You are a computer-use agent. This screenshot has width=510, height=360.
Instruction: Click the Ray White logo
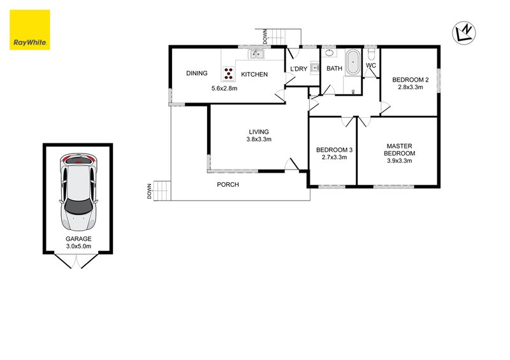coord(29,29)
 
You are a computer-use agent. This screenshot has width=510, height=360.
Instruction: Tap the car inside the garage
coord(79,192)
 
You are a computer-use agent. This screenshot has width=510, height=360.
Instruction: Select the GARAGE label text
coord(78,239)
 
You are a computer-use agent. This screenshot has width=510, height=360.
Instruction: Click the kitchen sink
coord(256,54)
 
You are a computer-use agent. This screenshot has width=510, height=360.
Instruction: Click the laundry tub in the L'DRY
coord(314,71)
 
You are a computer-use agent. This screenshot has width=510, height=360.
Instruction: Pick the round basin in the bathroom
coord(329,54)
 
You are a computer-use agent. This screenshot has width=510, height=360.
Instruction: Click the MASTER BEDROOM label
coord(400,149)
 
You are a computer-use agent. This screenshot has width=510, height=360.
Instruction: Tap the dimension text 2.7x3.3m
coord(331,157)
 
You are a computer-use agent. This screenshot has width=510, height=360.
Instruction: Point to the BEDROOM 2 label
coord(410,79)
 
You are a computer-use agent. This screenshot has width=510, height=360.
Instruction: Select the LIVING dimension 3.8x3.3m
coord(259,139)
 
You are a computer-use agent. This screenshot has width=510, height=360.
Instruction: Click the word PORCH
coord(228,185)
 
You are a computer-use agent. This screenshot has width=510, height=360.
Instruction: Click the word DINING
coord(197,74)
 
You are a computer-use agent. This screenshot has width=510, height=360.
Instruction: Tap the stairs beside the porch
coord(163,191)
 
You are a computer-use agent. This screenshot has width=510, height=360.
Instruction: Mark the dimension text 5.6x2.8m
coord(224,89)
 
